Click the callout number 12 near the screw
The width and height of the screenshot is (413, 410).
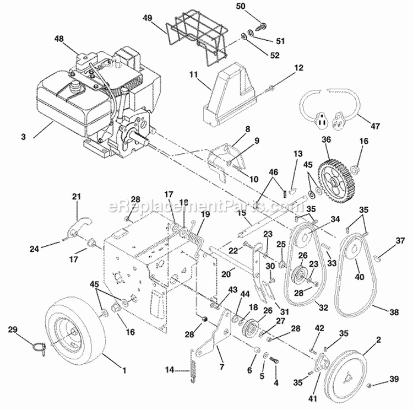pos(299,68)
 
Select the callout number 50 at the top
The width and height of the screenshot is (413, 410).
pos(255,6)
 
